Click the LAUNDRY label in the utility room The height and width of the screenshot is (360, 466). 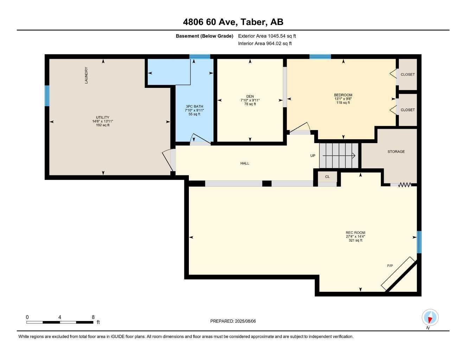(x=86, y=75)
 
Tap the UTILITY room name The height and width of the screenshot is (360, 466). (x=102, y=117)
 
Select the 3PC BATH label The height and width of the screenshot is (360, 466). (x=194, y=107)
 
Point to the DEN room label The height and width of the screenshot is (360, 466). (x=250, y=96)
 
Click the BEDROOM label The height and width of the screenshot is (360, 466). (x=343, y=95)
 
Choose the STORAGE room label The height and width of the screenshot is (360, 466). (x=396, y=152)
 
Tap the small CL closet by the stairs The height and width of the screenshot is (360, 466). (x=327, y=177)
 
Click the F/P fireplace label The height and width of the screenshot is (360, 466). (x=390, y=266)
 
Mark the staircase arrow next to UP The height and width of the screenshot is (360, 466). (x=339, y=156)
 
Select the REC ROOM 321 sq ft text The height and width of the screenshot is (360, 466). (x=355, y=240)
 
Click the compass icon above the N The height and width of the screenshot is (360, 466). (x=430, y=317)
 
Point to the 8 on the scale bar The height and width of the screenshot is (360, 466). (x=93, y=317)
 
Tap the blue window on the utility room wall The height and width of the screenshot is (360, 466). (x=47, y=96)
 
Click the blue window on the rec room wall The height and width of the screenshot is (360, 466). (x=419, y=242)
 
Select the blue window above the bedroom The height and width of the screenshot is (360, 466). (x=320, y=57)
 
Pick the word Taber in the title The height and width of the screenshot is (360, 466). (x=254, y=22)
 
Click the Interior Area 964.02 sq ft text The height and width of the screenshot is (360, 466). (x=265, y=44)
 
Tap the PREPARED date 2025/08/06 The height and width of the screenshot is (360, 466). (x=245, y=321)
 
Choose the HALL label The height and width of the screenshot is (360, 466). (x=245, y=163)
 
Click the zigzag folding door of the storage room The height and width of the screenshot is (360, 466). (x=404, y=185)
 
